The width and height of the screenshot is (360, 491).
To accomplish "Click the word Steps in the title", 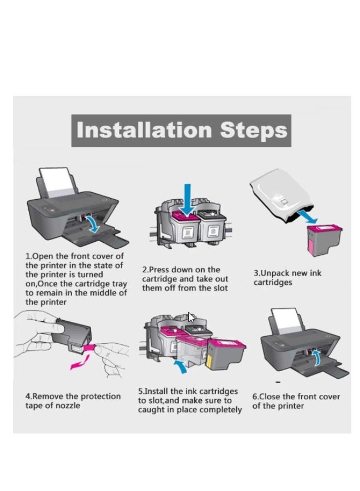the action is pyautogui.click(x=254, y=131).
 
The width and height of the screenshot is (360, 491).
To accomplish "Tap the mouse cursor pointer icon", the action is pyautogui.click(x=191, y=317).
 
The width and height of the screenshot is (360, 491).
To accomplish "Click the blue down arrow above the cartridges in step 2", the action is pyautogui.click(x=187, y=200).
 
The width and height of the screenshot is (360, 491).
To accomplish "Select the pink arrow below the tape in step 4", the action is pyautogui.click(x=79, y=362).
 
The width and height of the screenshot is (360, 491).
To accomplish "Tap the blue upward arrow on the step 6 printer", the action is pyautogui.click(x=317, y=357).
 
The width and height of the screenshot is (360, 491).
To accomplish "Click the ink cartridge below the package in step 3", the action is pyautogui.click(x=323, y=239).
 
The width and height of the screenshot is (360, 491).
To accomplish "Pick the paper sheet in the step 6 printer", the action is pyautogui.click(x=287, y=321).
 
